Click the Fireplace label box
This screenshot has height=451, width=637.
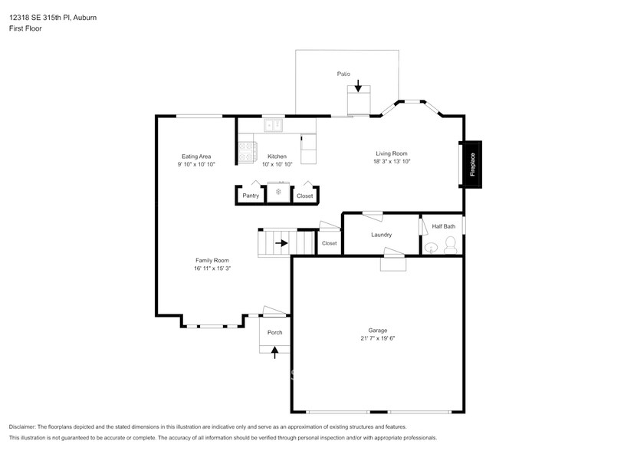point(472,164)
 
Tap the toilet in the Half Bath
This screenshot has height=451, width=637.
point(451,245)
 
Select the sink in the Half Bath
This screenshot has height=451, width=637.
point(432,247)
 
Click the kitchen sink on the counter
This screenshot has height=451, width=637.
point(272,126)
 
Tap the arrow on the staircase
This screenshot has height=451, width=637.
point(281,244)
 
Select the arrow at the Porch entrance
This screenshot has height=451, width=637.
point(274,351)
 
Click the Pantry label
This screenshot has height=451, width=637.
point(251,196)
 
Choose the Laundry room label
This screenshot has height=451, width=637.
point(381,235)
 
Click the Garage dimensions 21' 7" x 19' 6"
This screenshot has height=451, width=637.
point(377,338)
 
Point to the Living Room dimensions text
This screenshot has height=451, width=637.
point(392,161)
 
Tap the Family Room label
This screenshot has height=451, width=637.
point(212,260)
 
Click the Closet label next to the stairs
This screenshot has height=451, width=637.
point(329,243)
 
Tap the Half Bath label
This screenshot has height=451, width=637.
point(443,226)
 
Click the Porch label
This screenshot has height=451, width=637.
point(274,332)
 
